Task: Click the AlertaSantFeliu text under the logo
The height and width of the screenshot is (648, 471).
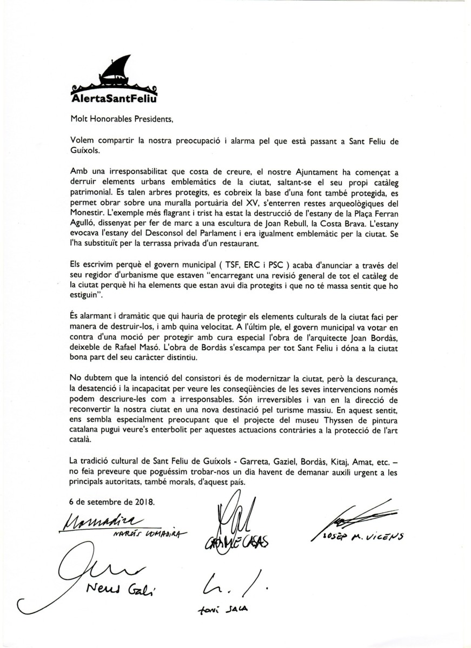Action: (x=115, y=98)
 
